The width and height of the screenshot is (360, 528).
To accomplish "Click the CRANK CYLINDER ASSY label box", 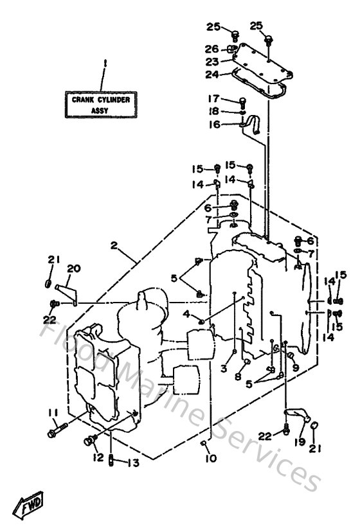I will [x=101, y=105].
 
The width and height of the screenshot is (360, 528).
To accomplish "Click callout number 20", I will [x=73, y=269].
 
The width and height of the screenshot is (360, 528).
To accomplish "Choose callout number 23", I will [x=212, y=62].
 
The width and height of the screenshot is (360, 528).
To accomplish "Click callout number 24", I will [x=212, y=74].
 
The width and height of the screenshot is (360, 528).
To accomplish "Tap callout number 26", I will [x=212, y=49].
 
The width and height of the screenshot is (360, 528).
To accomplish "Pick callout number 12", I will [x=98, y=457].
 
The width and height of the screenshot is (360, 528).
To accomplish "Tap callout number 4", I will [x=186, y=313].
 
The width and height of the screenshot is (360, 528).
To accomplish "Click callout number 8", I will [x=237, y=377].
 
